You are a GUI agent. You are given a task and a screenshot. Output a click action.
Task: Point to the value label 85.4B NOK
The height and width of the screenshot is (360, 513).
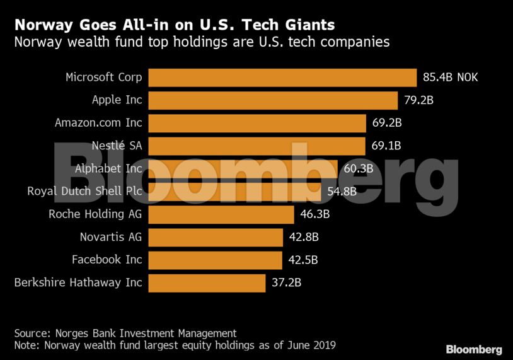(x=451, y=78)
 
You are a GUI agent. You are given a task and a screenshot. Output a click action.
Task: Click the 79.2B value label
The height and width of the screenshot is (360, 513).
(x=419, y=100)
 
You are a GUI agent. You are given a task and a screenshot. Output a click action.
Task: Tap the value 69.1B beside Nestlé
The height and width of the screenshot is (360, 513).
(x=386, y=146)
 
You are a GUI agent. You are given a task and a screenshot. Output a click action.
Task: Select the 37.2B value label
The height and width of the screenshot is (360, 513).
(x=286, y=283)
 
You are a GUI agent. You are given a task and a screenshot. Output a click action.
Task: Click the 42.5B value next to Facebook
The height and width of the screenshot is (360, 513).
(x=303, y=260)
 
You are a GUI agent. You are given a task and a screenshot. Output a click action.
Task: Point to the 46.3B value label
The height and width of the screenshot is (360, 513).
(x=315, y=214)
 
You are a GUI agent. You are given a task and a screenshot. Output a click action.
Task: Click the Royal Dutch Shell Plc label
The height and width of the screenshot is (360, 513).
(x=84, y=191)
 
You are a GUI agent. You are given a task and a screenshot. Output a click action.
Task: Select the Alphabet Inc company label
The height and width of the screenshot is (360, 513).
(x=108, y=168)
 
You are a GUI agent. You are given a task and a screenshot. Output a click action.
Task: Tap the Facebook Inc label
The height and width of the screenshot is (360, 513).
(x=107, y=260)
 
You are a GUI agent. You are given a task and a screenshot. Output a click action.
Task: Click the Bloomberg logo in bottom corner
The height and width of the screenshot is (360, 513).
(x=474, y=349)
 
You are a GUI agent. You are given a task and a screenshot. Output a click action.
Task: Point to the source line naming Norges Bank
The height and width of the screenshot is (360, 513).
(x=125, y=333)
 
